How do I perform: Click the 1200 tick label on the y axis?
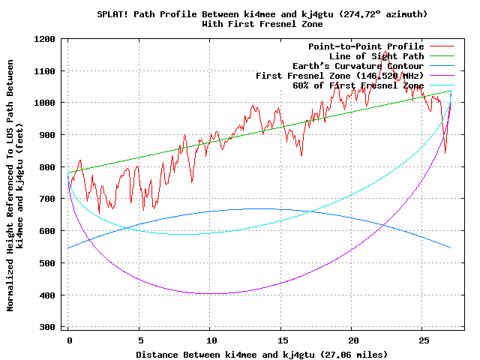point(46,39)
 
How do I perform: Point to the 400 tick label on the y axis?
point(49,295)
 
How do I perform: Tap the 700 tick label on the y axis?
point(49,199)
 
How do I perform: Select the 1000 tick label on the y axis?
point(46,103)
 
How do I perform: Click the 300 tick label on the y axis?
point(49,328)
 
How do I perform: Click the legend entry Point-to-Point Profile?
point(365,46)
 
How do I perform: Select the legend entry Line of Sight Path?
point(376,56)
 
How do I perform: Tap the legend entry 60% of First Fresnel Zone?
point(358,85)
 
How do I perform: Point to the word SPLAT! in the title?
point(112,14)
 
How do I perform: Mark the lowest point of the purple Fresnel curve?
point(211,293)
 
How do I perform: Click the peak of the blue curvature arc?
point(262,208)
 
